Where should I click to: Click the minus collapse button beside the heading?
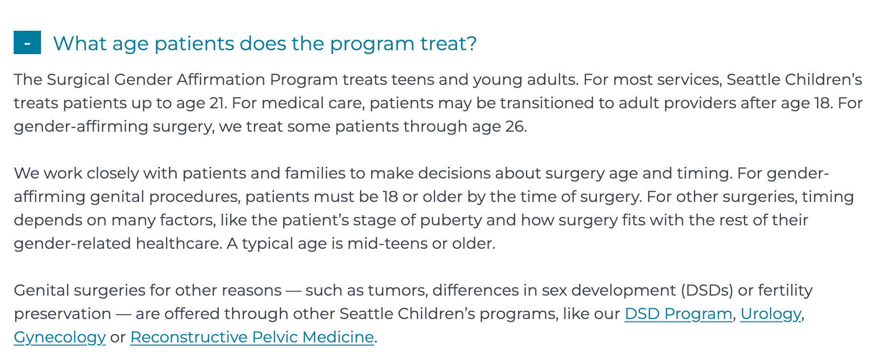27,42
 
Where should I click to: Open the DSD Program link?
678,314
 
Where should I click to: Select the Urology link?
771,314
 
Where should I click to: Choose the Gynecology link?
60,338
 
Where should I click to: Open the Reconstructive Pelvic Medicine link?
252,337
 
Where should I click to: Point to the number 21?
217,103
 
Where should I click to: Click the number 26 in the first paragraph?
515,126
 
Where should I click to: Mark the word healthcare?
179,243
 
